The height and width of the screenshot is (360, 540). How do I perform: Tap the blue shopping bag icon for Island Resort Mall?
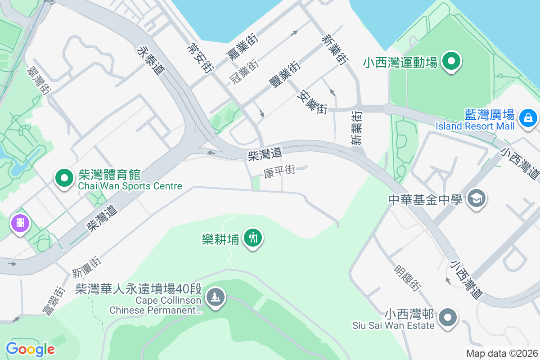(527, 118)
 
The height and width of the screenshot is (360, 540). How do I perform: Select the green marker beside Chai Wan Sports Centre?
(64, 178)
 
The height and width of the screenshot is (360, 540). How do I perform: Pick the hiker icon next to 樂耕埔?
(253, 237)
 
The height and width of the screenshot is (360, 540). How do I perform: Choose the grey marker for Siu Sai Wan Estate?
(447, 317)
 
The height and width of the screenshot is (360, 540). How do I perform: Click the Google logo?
(30, 349)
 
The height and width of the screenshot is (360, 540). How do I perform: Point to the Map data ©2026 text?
(501, 353)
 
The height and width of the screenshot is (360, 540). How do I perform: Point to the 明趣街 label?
(408, 277)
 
